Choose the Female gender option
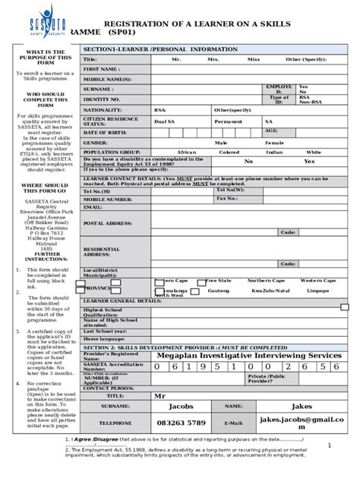pos(274,142)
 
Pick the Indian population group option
pos(274,152)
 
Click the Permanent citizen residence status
pos(228,121)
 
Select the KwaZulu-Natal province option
pos(270,290)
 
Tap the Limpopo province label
pos(319,290)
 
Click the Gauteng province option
pos(218,290)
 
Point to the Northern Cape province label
pos(267,280)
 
